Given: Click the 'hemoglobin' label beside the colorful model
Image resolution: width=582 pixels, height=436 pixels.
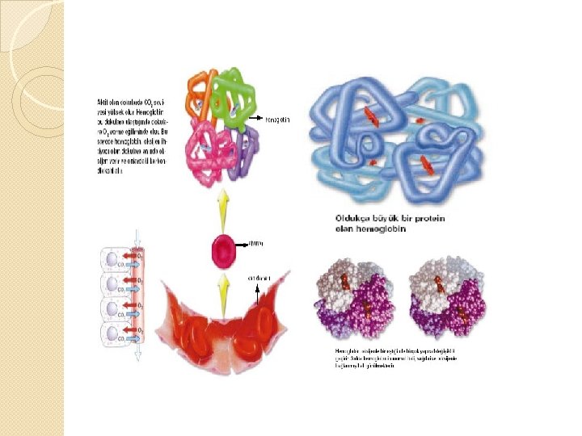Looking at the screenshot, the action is pos(277,119).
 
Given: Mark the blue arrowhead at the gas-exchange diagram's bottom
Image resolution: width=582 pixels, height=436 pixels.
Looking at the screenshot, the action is pos(138,355).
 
